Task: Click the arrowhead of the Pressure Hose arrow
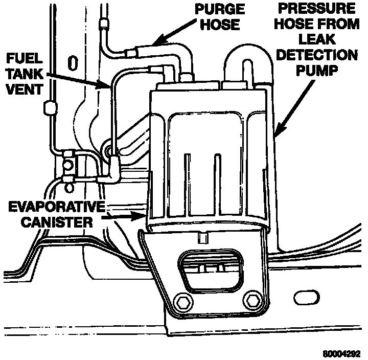click(276, 135)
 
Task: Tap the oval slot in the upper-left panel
click(73, 62)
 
